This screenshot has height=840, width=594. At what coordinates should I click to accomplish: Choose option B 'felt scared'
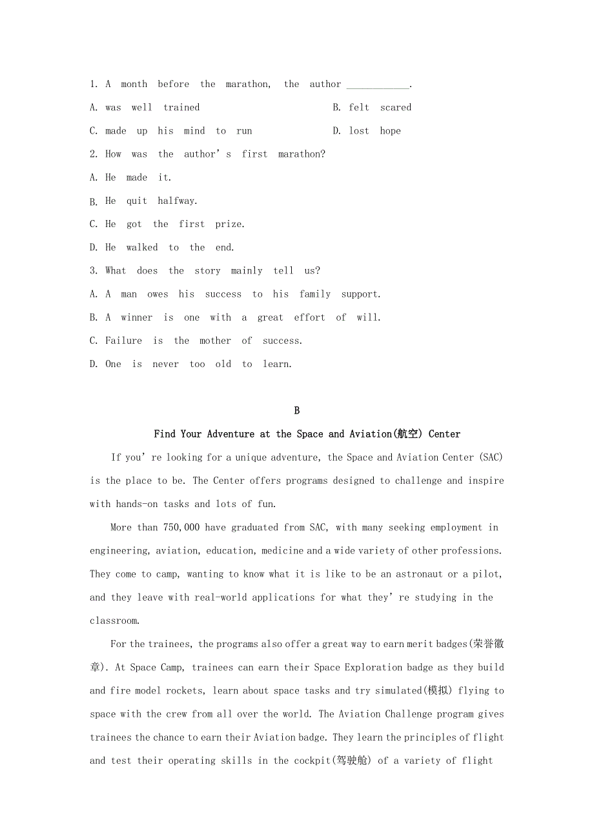[372, 108]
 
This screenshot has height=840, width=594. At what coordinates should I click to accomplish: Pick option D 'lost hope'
[367, 131]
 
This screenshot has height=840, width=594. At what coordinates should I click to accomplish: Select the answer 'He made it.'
[130, 177]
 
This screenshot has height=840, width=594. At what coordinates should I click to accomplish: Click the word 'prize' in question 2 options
[229, 225]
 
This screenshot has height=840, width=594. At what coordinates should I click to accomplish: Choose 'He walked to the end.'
[161, 248]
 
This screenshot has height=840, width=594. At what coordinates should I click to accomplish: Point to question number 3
[94, 271]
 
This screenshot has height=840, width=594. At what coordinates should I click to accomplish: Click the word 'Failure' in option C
[123, 341]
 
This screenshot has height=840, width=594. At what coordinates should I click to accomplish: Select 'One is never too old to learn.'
[190, 365]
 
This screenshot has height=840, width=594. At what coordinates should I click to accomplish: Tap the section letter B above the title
[297, 411]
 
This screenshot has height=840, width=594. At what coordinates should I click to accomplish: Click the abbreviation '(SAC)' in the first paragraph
[491, 457]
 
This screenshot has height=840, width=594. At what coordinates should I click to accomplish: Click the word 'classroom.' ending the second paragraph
[114, 621]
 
